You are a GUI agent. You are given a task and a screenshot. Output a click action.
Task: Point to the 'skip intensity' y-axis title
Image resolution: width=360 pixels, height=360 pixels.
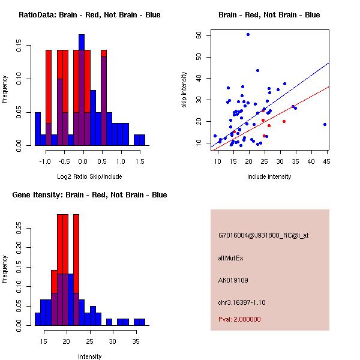coord(184,90)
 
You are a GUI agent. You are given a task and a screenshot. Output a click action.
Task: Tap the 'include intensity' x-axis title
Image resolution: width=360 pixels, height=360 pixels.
coord(269,176)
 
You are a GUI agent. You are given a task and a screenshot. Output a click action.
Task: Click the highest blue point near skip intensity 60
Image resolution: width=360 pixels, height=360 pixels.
coord(248,34)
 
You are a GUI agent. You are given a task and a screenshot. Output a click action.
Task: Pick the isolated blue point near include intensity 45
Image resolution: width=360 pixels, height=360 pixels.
coord(325,124)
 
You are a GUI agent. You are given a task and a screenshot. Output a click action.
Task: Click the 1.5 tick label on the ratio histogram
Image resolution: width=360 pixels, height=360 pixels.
coord(140,161)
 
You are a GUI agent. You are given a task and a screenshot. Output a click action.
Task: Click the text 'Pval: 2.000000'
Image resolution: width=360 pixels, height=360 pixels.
coord(239,319)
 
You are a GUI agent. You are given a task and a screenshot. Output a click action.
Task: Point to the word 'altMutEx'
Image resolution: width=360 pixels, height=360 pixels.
coord(230,258)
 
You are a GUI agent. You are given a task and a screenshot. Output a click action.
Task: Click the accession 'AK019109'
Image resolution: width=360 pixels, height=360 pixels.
coord(233,280)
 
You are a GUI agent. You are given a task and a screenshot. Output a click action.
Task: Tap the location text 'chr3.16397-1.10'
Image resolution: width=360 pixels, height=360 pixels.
coord(242,301)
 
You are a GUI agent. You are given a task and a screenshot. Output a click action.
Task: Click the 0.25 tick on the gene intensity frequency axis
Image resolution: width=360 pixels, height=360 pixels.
coord(21,228)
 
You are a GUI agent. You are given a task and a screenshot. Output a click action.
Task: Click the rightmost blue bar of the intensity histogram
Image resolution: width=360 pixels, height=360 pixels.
coord(139,322)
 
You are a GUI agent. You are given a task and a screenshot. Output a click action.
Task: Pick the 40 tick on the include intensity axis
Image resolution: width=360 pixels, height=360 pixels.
coord(311,161)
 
